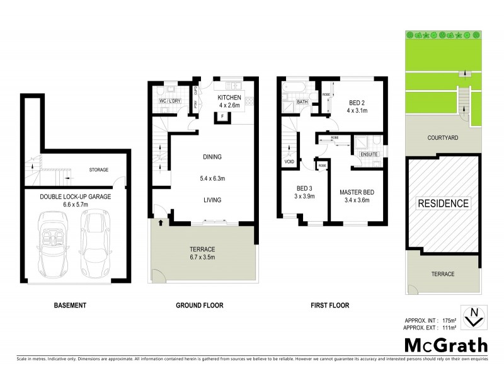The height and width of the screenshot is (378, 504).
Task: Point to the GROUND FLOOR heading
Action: (x=199, y=306)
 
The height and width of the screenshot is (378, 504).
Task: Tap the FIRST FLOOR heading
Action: (x=329, y=306)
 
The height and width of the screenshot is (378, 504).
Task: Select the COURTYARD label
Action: (x=442, y=137)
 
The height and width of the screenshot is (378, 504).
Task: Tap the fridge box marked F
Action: (x=222, y=117)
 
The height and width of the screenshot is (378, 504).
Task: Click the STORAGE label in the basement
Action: (x=98, y=169)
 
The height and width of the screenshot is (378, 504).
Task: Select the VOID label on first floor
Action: (x=290, y=162)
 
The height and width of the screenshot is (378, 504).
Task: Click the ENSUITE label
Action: (x=368, y=154)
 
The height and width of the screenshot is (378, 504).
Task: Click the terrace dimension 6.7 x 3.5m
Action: (x=203, y=258)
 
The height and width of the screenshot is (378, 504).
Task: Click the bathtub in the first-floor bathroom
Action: (x=294, y=88)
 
